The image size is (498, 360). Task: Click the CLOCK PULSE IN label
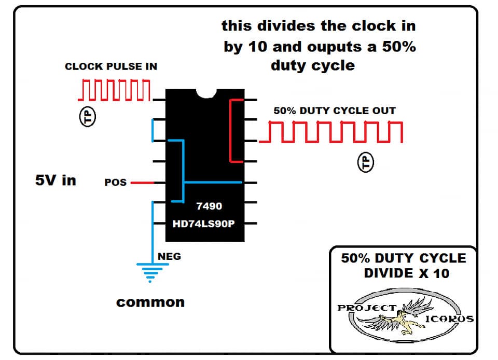point(111,66)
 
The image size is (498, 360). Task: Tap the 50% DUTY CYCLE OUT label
point(335,110)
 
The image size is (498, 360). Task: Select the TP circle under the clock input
point(87,117)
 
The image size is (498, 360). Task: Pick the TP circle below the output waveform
point(366,162)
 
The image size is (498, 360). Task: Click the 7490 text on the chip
point(209,206)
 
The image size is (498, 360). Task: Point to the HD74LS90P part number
point(203,224)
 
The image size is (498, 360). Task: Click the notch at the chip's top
point(206,93)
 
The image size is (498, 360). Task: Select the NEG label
point(169,256)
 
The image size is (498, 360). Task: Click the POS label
point(116,182)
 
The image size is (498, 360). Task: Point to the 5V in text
point(56,181)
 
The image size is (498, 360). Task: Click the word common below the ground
point(150,302)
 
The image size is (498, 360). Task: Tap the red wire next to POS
point(142,183)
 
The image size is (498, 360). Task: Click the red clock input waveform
point(114,90)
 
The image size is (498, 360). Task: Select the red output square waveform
point(331,132)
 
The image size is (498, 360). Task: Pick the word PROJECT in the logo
point(367,308)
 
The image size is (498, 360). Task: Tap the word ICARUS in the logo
point(449,319)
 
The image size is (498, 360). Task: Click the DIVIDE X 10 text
point(407,273)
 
